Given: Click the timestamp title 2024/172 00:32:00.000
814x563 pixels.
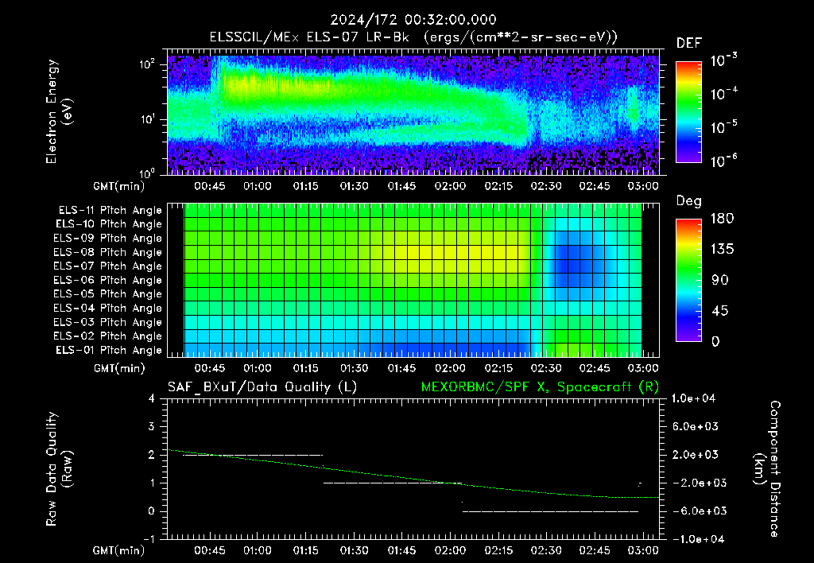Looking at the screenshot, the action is pyautogui.click(x=413, y=20).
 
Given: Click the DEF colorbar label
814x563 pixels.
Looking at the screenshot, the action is pyautogui.click(x=689, y=43).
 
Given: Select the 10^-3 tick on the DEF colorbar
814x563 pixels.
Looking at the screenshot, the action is pyautogui.click(x=724, y=60).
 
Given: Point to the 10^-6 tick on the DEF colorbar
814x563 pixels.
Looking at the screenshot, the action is pyautogui.click(x=724, y=161).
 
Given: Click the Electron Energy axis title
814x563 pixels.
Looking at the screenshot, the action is pyautogui.click(x=59, y=111).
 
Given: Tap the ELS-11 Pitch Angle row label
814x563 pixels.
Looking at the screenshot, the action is pyautogui.click(x=110, y=211).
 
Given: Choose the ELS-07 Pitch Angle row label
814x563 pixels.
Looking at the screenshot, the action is pyautogui.click(x=107, y=266).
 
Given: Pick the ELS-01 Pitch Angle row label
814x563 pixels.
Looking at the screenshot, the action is pyautogui.click(x=109, y=350).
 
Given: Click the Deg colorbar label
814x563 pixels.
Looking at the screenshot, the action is pyautogui.click(x=689, y=201).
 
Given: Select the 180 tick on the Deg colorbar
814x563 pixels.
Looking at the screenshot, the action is pyautogui.click(x=722, y=218).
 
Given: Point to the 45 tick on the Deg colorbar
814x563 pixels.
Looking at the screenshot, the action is pyautogui.click(x=719, y=311).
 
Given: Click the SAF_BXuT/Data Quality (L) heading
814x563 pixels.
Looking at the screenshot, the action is pyautogui.click(x=262, y=387).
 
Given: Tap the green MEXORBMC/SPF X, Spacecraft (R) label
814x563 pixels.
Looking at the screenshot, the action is pyautogui.click(x=540, y=387).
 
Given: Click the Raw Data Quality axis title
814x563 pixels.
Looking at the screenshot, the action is pyautogui.click(x=59, y=469).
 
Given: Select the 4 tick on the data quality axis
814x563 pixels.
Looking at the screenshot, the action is pyautogui.click(x=152, y=398).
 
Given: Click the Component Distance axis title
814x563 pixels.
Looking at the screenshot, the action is pyautogui.click(x=768, y=469).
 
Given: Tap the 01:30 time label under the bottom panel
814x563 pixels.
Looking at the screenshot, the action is pyautogui.click(x=354, y=550).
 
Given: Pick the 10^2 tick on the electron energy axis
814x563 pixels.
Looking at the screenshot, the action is pyautogui.click(x=147, y=64).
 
